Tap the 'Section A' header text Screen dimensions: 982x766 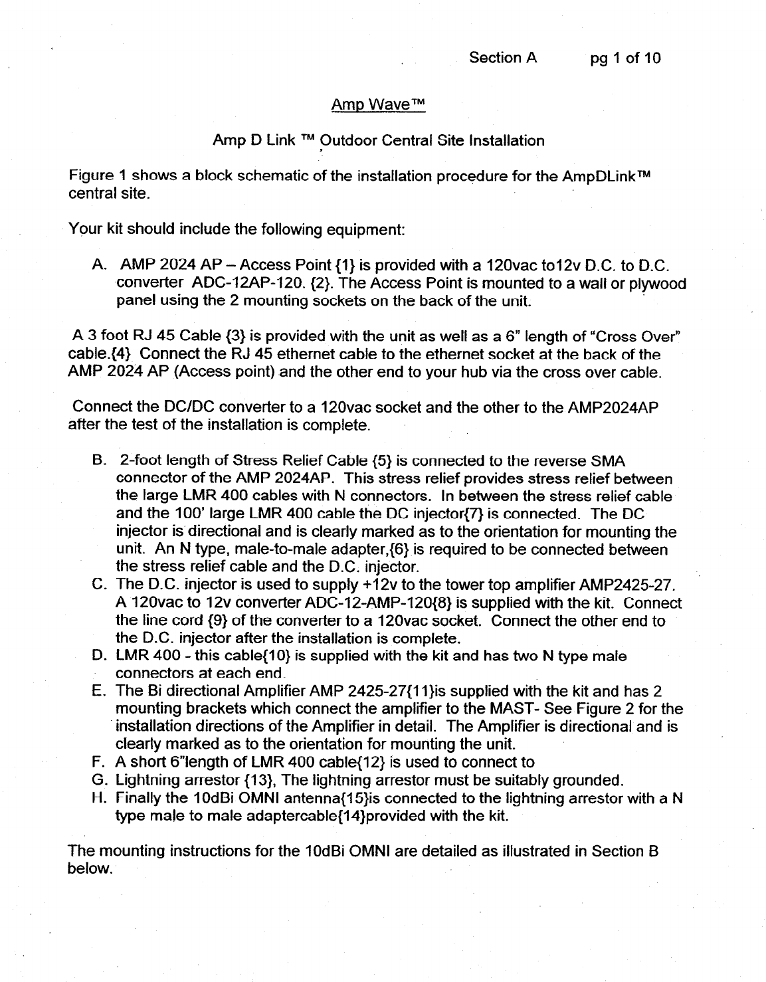pyautogui.click(x=502, y=58)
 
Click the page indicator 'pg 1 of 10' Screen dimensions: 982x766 pyautogui.click(x=626, y=58)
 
